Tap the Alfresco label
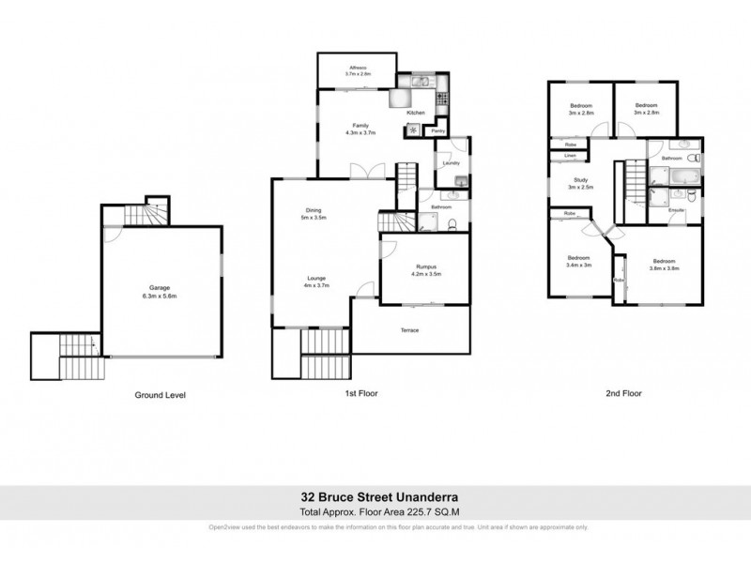coord(358,68)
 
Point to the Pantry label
coord(437,131)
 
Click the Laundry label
coord(452,163)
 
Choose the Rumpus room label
coord(427,266)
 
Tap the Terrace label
coord(409,330)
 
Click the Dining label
coord(313,209)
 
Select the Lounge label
coord(314,278)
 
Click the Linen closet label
coord(570,156)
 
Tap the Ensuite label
coord(676,210)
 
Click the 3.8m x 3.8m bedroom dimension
coord(664,267)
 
